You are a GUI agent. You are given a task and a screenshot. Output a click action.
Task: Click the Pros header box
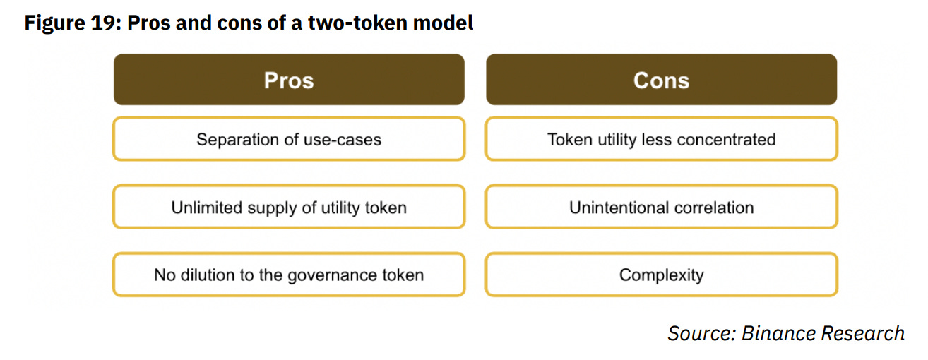pyautogui.click(x=289, y=80)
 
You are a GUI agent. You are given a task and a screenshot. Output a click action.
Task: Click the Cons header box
pyautogui.click(x=661, y=80)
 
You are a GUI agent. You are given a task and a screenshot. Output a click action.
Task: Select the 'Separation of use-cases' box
pyautogui.click(x=289, y=139)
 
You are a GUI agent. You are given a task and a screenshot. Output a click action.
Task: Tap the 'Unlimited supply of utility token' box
pyautogui.click(x=289, y=208)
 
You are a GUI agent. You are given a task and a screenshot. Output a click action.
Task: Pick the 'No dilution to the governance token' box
pyautogui.click(x=289, y=275)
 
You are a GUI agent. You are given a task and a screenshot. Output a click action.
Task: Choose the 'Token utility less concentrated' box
pyautogui.click(x=661, y=139)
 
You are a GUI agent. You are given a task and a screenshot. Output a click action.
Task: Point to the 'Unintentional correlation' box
pyautogui.click(x=661, y=208)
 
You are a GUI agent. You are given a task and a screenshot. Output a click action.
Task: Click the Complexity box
pyautogui.click(x=661, y=275)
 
